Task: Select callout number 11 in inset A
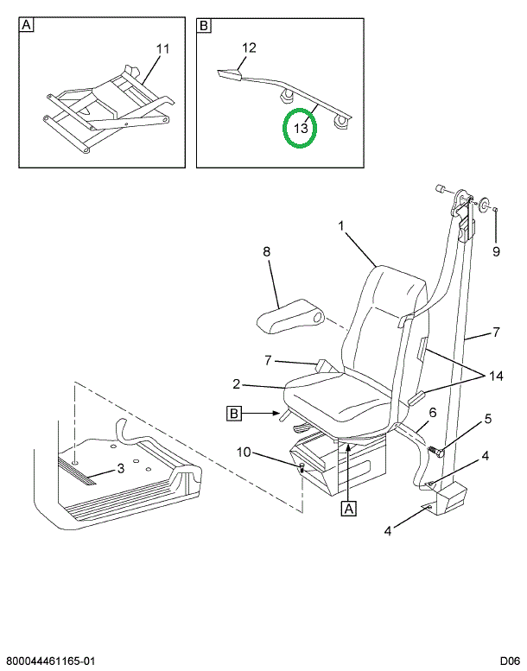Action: click(164, 49)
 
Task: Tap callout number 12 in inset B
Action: click(249, 49)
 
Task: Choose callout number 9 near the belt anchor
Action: click(496, 252)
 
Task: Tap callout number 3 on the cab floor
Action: click(121, 469)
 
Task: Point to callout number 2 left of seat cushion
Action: click(235, 384)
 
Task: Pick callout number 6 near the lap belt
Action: click(432, 412)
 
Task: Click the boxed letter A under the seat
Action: click(349, 509)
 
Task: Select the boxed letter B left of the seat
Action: click(234, 414)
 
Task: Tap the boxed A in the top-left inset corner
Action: click(27, 26)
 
